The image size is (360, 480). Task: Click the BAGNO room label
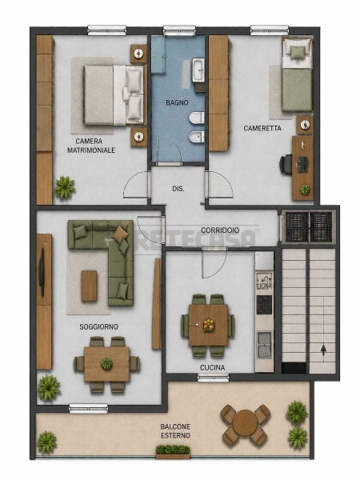coord(177,102)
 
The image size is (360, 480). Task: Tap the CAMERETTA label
coord(262,128)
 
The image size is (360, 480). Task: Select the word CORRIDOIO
coord(220,230)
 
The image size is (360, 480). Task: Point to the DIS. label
coord(178,189)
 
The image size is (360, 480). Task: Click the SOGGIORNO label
coord(98,326)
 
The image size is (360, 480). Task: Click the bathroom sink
coord(198,70)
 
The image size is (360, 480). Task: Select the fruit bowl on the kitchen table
coord(209,325)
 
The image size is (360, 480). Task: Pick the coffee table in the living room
coord(89,286)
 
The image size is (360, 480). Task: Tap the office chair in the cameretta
coord(286,165)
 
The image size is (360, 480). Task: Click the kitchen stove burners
coord(264,305)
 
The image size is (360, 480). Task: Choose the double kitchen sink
coord(264,345)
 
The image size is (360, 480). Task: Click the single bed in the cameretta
coord(297,74)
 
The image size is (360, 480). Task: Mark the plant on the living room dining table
coord(106,364)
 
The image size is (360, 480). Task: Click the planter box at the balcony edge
coord(173,452)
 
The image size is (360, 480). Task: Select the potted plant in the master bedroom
coord(65,187)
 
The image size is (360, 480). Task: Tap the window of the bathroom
coord(179,30)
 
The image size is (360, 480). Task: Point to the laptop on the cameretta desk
coord(302,164)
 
